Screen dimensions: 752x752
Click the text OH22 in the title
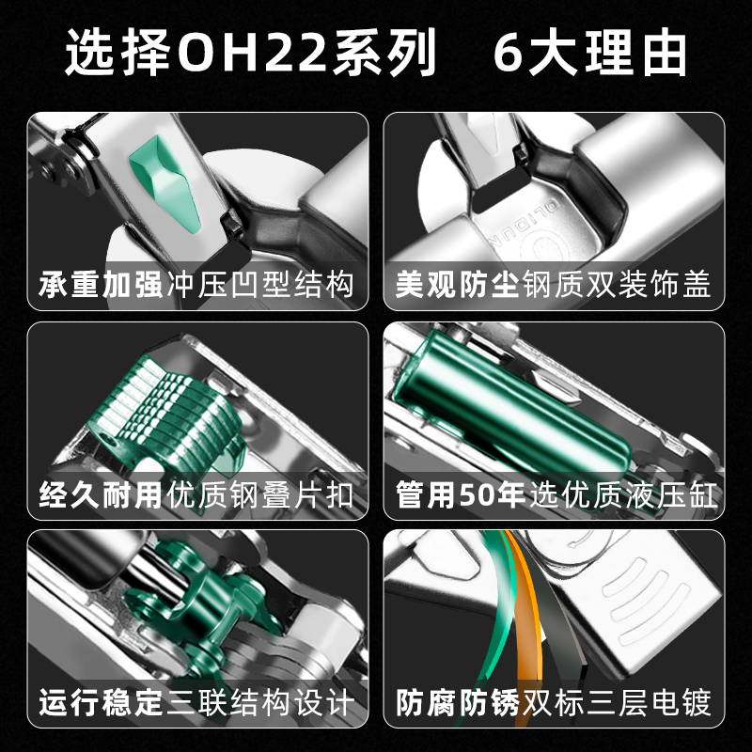pos(253,52)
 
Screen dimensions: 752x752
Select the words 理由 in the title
pos(635,52)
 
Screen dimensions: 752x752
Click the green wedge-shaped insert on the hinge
pos(165,182)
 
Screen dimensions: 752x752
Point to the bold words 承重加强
pos(101,285)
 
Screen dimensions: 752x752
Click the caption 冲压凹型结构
pos(261,285)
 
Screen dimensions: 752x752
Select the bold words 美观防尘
pos(457,285)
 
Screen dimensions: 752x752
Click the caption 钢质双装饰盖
pos(618,285)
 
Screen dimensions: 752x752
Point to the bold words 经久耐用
pos(101,494)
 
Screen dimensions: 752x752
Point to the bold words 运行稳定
pos(101,702)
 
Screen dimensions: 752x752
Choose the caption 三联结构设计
pos(261,702)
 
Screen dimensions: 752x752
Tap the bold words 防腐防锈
pos(457,702)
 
